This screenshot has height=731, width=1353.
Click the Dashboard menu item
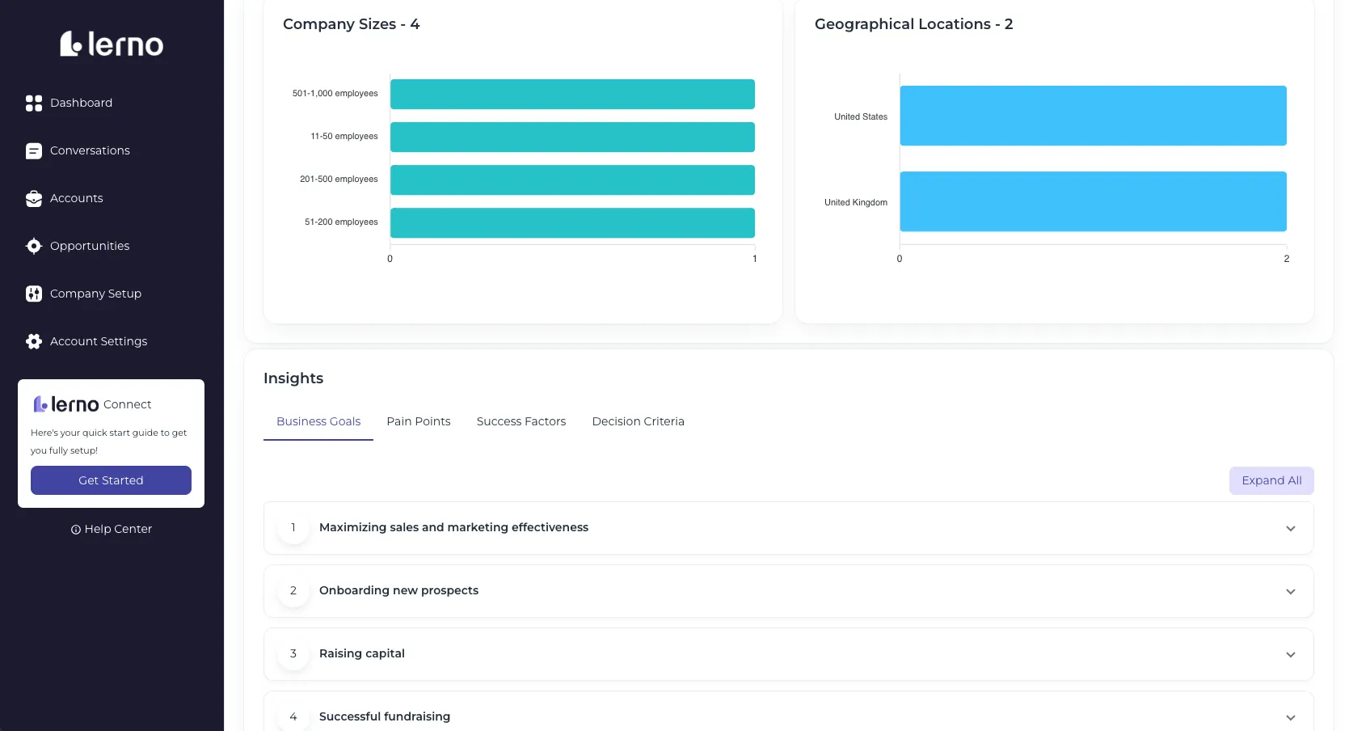[69, 103]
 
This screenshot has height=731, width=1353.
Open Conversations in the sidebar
[78, 150]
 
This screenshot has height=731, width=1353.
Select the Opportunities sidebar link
[78, 246]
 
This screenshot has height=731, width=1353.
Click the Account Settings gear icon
[34, 341]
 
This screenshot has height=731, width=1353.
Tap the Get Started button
[112, 480]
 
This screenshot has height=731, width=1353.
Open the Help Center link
[112, 529]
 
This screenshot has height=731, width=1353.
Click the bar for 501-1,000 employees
[572, 95]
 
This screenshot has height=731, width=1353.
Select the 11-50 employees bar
[572, 137]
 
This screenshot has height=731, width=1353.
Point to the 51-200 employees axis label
[341, 222]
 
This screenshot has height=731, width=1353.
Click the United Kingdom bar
[1094, 201]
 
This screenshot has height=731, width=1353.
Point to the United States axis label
[861, 116]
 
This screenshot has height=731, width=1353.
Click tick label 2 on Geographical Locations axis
[1287, 259]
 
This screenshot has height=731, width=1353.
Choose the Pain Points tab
[419, 421]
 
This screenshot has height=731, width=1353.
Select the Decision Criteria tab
[638, 421]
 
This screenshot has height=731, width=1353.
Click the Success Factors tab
[521, 421]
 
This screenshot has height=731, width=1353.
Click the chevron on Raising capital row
[1290, 655]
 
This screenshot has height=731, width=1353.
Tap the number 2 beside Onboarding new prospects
[293, 590]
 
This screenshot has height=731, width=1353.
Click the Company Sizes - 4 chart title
[351, 24]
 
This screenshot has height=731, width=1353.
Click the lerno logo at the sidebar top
[112, 44]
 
